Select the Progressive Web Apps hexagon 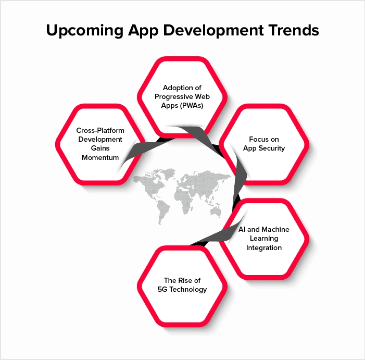tap(182, 96)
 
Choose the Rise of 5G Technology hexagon tap(182, 285)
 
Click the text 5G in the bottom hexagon tap(163, 289)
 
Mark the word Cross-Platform tap(99, 130)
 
